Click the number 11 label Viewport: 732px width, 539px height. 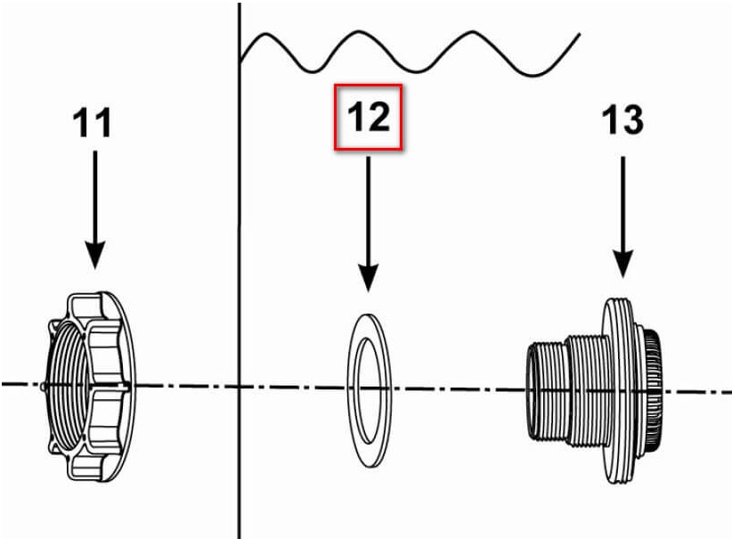92,122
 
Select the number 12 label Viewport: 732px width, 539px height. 369,117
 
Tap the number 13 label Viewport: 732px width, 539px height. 622,119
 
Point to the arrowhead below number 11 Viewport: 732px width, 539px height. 94,255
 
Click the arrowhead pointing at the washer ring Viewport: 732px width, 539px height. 369,277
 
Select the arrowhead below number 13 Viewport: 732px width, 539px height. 622,264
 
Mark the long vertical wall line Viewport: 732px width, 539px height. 239,271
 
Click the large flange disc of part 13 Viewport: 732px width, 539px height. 619,390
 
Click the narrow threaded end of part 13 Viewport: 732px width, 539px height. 546,391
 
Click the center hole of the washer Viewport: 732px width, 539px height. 368,390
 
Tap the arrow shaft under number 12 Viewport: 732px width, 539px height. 369,210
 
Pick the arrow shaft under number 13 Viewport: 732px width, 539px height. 622,204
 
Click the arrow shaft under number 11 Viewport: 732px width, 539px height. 94,197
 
